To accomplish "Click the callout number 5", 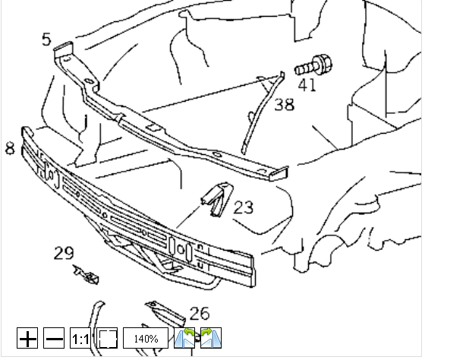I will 47,38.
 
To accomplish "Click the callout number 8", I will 10,148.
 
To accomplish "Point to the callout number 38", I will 284,105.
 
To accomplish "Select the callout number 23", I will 244,207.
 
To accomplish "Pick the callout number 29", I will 64,254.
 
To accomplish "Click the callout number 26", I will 200,313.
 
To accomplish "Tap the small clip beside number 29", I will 87,275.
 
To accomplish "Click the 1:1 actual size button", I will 80,338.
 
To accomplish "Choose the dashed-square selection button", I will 107,338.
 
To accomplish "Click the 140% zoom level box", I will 146,338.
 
